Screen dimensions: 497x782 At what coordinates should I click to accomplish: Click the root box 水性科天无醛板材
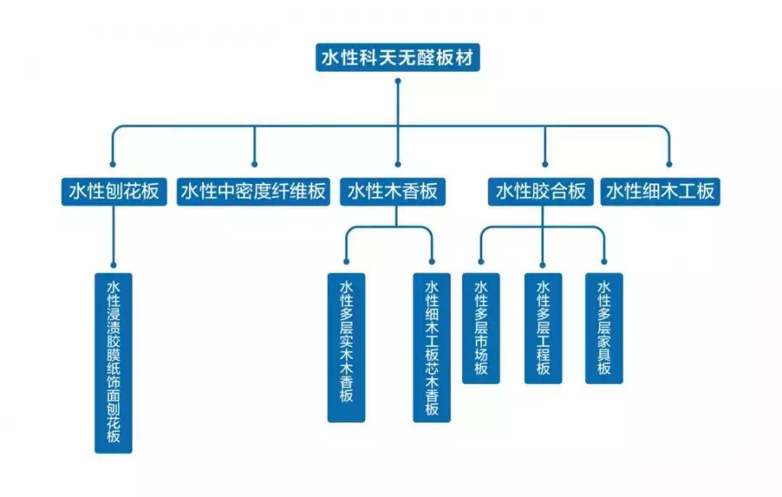(x=398, y=57)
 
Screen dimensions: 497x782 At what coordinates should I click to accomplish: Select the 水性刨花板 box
(x=113, y=191)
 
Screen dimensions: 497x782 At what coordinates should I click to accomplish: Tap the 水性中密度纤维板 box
(x=253, y=191)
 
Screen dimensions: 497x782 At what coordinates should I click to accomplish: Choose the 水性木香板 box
(x=392, y=191)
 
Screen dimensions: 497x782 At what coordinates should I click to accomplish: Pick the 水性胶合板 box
(x=540, y=191)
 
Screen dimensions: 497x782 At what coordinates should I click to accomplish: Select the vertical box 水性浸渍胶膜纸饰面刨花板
(x=114, y=362)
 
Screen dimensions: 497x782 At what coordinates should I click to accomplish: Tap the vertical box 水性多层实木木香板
(x=346, y=346)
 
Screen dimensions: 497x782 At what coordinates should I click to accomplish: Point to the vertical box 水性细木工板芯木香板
(x=432, y=346)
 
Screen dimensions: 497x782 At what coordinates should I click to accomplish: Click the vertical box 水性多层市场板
(x=481, y=327)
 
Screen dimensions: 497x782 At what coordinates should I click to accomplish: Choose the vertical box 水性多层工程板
(x=543, y=327)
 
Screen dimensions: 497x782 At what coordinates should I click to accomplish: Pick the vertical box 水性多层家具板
(x=604, y=327)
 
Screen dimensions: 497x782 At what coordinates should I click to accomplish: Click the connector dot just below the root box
(x=398, y=81)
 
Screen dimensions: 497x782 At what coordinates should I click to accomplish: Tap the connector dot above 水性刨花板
(x=112, y=164)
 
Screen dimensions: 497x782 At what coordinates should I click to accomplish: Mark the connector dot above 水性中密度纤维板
(x=254, y=164)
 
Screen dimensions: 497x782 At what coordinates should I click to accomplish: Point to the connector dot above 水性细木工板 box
(x=668, y=164)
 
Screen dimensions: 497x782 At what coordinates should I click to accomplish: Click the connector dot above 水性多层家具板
(x=604, y=262)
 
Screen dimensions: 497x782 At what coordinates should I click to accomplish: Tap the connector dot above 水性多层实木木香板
(x=346, y=262)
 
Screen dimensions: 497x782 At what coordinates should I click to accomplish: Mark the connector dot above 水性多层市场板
(x=482, y=262)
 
